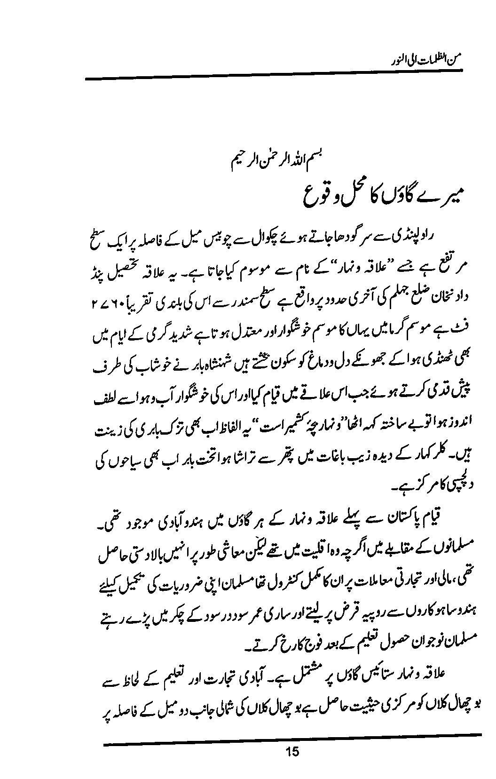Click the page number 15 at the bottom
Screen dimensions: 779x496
[x=292, y=751]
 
